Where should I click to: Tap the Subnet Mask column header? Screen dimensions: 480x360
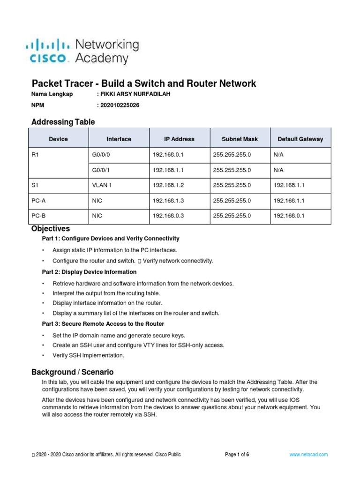tap(240, 139)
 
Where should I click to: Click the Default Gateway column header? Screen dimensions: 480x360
tap(300, 139)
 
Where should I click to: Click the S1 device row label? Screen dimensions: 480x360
tap(35, 186)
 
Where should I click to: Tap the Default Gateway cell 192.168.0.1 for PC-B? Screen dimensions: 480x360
tap(289, 216)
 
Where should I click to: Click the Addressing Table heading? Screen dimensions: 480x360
tap(63, 122)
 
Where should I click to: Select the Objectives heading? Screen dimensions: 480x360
tap(51, 229)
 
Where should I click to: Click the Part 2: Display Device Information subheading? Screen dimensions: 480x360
tap(89, 272)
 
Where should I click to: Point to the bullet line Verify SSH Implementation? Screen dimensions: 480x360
tap(89, 356)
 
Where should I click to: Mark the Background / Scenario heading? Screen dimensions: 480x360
tap(72, 372)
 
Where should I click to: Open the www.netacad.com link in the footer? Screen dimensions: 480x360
tap(308, 455)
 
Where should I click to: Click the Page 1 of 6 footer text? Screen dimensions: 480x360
tap(237, 455)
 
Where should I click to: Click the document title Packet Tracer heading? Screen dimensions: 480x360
tap(143, 83)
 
